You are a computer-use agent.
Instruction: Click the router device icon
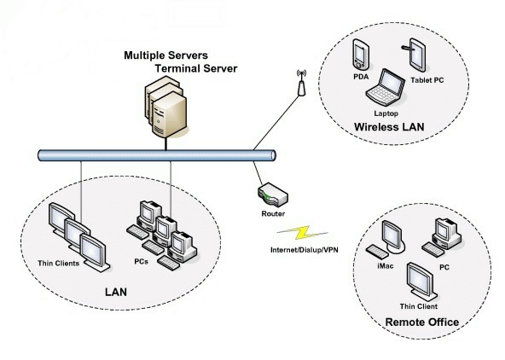[x=273, y=195]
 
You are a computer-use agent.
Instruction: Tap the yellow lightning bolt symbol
[x=303, y=233]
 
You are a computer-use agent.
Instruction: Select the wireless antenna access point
[x=301, y=83]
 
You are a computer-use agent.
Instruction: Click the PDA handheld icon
[x=360, y=55]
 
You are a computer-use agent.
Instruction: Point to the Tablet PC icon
[x=415, y=55]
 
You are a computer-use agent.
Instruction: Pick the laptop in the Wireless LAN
[x=386, y=87]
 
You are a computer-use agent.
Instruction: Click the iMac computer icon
[x=386, y=239]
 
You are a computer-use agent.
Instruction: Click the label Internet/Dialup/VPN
[x=305, y=250]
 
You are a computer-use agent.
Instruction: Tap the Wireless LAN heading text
[x=389, y=127]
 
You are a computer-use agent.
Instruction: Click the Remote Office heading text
[x=422, y=322]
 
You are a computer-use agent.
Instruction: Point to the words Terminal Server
[x=196, y=68]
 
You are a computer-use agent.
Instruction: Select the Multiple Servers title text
[x=165, y=55]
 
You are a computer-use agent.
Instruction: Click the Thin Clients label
[x=58, y=264]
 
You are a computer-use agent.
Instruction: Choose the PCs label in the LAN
[x=141, y=261]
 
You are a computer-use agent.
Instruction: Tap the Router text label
[x=273, y=214]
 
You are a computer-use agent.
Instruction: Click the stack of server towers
[x=165, y=107]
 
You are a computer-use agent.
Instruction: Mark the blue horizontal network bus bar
[x=157, y=155]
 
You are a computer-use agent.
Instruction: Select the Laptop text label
[x=386, y=113]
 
